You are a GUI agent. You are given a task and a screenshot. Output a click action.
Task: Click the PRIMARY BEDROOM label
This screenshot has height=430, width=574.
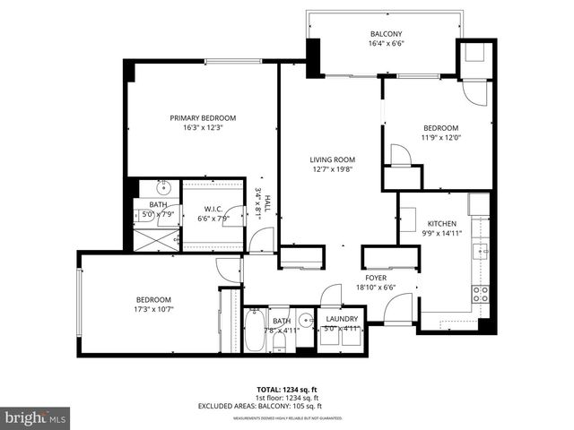tap(203, 118)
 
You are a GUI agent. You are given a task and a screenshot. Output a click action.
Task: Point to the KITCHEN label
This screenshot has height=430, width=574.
tap(442, 223)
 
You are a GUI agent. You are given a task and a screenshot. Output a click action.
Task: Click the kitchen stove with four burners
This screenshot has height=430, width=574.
tap(481, 291)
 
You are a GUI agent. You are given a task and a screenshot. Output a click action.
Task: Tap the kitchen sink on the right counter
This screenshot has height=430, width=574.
tap(482, 250)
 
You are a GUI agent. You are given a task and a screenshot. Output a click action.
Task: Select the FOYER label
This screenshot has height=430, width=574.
tap(375, 278)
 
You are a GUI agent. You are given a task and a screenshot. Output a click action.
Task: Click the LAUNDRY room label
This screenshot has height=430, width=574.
tap(342, 319)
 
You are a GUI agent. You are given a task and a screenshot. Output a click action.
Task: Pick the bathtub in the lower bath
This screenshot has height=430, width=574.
tap(255, 331)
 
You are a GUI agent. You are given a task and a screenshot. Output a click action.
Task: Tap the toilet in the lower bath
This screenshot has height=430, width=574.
tap(279, 339)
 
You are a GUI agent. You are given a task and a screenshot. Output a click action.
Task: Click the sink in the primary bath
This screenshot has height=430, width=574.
tap(164, 189)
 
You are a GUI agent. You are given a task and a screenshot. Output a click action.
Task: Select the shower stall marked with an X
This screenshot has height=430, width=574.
tap(158, 237)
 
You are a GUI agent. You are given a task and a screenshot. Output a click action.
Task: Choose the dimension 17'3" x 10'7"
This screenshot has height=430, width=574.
tap(153, 310)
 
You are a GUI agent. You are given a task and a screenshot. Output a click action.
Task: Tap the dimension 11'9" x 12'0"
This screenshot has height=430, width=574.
tap(440, 137)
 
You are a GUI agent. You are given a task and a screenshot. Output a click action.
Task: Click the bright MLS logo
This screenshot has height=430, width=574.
tap(36, 417)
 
